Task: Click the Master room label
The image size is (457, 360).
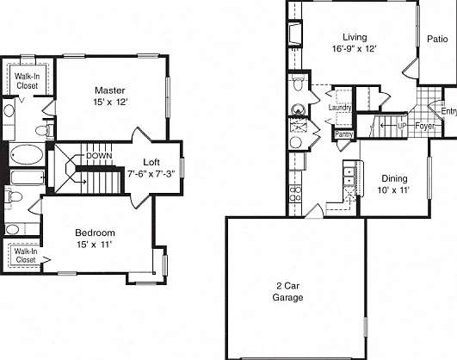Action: click(110, 90)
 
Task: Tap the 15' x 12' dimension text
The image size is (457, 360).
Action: click(110, 102)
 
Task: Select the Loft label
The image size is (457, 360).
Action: click(151, 162)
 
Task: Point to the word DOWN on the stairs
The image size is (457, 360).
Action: click(99, 156)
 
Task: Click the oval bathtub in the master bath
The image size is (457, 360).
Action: click(27, 155)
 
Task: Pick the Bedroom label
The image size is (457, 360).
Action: click(95, 233)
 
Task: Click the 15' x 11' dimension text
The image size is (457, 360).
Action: click(95, 245)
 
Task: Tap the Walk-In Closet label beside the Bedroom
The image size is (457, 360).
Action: click(26, 256)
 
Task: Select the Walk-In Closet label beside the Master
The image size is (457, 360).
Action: click(27, 81)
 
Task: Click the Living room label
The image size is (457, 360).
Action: click(355, 37)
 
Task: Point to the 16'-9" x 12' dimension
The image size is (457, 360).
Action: click(355, 48)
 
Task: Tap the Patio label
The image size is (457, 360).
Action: click(437, 39)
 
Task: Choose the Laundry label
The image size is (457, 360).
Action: click(340, 108)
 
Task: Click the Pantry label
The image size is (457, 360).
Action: click(344, 134)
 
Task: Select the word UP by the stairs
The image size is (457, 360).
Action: click(402, 126)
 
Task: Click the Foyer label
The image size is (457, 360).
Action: click(425, 126)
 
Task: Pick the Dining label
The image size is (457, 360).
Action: click(394, 178)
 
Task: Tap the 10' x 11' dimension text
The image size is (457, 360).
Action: click(394, 190)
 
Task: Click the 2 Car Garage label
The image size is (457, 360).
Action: click(287, 292)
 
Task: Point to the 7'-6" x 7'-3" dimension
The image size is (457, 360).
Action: click(151, 174)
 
